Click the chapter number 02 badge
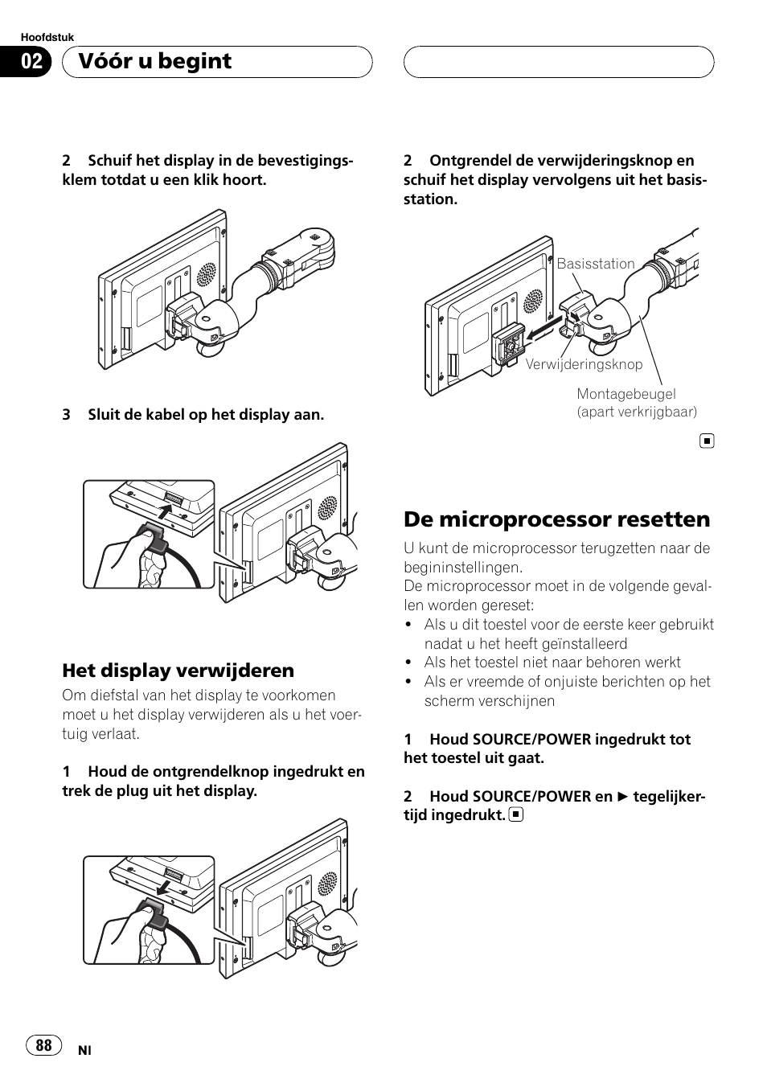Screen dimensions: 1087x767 pyautogui.click(x=31, y=62)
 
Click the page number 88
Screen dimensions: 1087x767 pyautogui.click(x=43, y=1044)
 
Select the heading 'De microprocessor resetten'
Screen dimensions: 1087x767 pyautogui.click(x=556, y=519)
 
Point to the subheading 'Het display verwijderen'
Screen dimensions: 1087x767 pyautogui.click(x=178, y=670)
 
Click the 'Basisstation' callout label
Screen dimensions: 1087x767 pyautogui.click(x=596, y=264)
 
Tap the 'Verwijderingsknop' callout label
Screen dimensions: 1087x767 pyautogui.click(x=584, y=364)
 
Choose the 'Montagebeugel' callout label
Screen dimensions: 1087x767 pyautogui.click(x=626, y=394)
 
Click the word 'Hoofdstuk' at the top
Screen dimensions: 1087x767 pyautogui.click(x=47, y=38)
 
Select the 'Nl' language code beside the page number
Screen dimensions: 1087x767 pyautogui.click(x=84, y=1050)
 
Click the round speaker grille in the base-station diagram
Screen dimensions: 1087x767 pyautogui.click(x=532, y=301)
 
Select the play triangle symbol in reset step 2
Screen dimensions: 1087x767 pyautogui.click(x=623, y=797)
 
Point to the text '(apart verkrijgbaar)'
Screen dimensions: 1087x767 pyautogui.click(x=637, y=412)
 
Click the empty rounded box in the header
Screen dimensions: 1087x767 pyautogui.click(x=558, y=62)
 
